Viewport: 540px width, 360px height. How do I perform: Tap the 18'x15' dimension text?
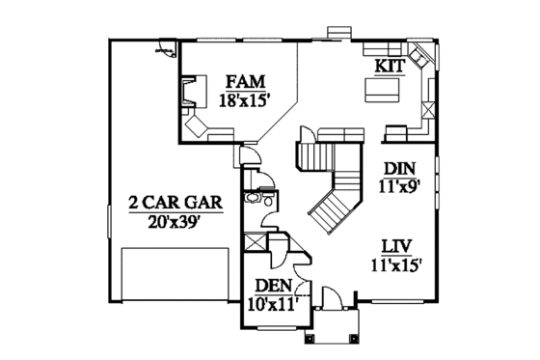click(244, 97)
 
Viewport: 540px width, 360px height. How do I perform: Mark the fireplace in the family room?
click(193, 94)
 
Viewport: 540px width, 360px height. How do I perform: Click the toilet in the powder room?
click(255, 201)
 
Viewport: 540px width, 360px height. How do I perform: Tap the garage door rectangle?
click(175, 275)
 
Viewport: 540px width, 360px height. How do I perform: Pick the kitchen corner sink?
click(421, 62)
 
